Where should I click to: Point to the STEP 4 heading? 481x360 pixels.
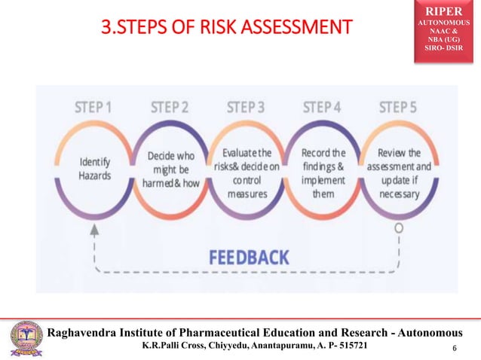point(323,107)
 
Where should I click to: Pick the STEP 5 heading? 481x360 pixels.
point(398,107)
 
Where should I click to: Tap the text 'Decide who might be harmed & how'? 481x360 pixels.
point(170,169)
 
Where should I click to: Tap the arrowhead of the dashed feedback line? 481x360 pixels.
point(95,230)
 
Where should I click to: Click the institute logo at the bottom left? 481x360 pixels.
point(24,340)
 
